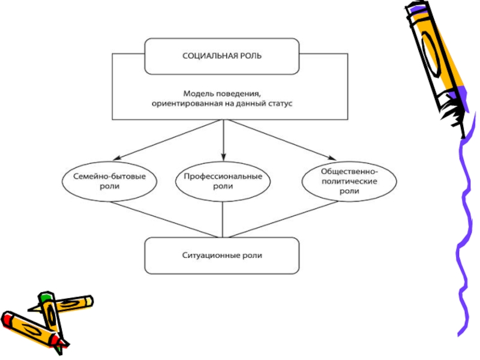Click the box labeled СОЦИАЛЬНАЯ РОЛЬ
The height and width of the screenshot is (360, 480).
coord(222,56)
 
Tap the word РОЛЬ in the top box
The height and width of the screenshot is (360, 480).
coord(250,56)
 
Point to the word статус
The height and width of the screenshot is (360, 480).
coord(278,103)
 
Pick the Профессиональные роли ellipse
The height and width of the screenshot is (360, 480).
coord(223,182)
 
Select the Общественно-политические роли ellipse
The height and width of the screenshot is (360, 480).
coord(349,181)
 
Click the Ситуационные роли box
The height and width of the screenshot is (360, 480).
coord(222,255)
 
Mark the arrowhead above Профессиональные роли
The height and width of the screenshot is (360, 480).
coord(223,157)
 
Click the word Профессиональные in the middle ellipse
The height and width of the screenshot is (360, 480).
coord(223,177)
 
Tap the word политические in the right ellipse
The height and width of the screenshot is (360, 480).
coord(349,181)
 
